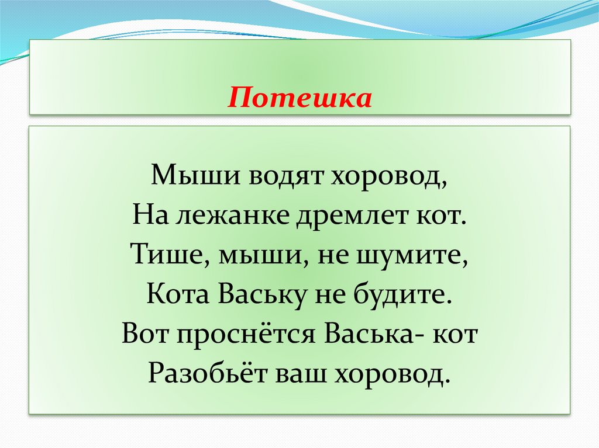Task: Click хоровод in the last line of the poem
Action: [x=393, y=374]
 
